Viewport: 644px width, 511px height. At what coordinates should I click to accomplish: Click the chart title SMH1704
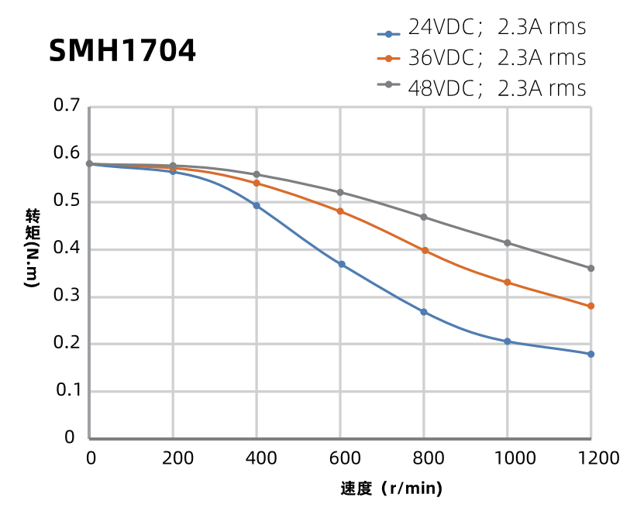pos(122,51)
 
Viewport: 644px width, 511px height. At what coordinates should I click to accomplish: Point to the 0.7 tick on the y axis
pos(67,106)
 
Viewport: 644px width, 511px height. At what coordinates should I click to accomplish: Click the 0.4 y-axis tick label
pos(67,249)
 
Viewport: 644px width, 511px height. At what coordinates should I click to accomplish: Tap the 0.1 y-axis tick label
pos(67,391)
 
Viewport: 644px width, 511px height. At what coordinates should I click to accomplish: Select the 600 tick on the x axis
pos(340,458)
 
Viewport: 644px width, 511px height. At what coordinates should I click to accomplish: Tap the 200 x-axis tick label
pos(173,458)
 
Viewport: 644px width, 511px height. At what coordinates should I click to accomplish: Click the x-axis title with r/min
pos(391,489)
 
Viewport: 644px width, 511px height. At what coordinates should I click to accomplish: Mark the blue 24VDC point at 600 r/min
pos(340,265)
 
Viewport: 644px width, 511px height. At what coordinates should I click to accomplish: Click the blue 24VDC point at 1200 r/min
pos(591,354)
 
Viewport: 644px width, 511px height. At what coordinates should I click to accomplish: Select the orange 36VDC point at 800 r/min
pos(424,250)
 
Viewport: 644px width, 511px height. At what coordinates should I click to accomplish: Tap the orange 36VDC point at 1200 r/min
pos(591,306)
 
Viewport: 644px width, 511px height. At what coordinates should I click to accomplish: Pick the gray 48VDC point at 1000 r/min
pos(508,243)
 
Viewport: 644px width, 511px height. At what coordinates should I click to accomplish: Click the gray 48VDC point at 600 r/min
pos(340,192)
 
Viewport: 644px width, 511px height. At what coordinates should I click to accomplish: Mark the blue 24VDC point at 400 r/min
pos(257,206)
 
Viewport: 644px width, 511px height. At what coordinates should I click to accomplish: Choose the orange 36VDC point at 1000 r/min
pos(508,282)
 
